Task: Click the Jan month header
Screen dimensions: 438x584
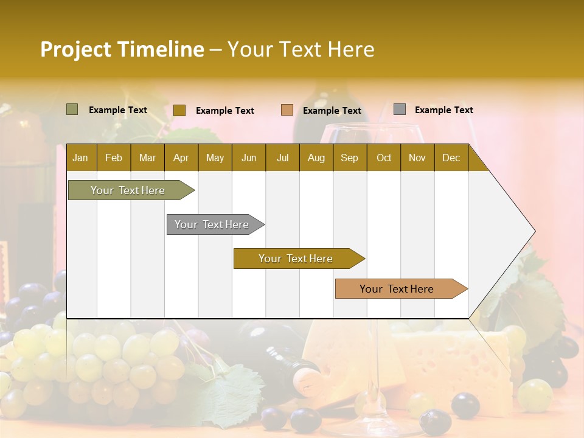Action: (x=80, y=158)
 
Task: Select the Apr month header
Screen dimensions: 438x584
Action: (x=181, y=158)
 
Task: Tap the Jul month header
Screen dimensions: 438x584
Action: (x=282, y=158)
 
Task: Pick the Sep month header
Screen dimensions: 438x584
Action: (x=349, y=158)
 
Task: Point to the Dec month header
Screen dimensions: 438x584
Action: (x=451, y=158)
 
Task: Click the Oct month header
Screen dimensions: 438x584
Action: (x=384, y=158)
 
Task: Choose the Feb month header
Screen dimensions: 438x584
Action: (x=114, y=158)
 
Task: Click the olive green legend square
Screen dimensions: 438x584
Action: (x=72, y=109)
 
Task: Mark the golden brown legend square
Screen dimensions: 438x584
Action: (x=179, y=110)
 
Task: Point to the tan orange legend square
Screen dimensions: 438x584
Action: (x=287, y=110)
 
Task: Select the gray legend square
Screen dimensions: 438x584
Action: (x=400, y=109)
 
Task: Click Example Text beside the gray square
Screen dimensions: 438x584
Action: (x=443, y=110)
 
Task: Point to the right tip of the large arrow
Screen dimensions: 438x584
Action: (x=534, y=231)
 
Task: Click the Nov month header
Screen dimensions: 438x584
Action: (x=417, y=158)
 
